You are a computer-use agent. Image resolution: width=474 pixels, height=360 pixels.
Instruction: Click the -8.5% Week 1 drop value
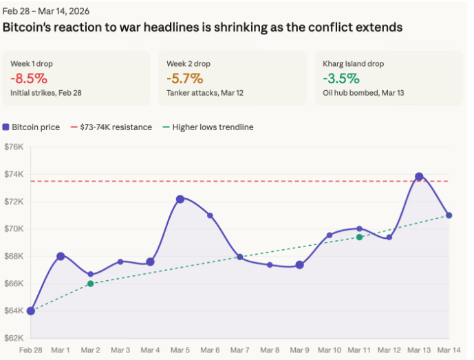[x=29, y=78]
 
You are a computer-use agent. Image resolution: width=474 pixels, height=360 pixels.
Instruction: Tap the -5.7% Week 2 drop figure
[x=184, y=78]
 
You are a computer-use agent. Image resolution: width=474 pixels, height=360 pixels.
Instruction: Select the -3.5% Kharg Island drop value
[x=341, y=78]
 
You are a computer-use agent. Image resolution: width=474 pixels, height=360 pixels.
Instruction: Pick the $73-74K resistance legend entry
[x=111, y=127]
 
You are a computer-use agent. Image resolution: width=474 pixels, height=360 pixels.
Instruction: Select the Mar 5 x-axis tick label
[x=180, y=350]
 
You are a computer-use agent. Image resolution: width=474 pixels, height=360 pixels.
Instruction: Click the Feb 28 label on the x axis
[x=30, y=350]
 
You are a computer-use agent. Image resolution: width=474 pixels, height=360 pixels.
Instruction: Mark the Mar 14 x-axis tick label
[x=449, y=350]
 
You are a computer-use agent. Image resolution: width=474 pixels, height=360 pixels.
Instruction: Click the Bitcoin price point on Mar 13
[x=419, y=177]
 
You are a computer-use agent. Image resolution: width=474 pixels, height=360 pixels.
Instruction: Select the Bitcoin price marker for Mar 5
[x=180, y=199]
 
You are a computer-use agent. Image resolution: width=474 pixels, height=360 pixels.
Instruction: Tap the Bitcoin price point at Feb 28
[x=30, y=310]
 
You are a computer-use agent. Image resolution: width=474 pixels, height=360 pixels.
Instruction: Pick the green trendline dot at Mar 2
[x=90, y=284]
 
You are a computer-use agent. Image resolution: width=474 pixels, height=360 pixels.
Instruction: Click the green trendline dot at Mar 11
[x=359, y=237]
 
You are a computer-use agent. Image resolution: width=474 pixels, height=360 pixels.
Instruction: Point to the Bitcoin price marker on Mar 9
[x=299, y=265]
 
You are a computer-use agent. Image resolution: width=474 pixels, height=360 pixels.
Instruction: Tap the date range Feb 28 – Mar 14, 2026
[x=46, y=12]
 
